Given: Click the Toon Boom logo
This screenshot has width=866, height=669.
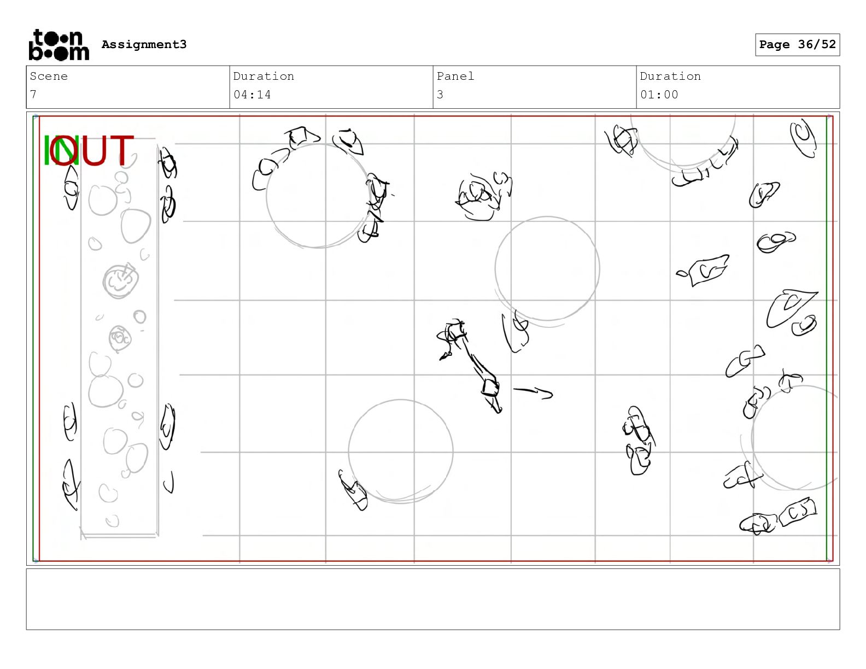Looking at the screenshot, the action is (x=59, y=45).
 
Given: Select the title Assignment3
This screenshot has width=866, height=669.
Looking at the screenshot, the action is (x=144, y=44).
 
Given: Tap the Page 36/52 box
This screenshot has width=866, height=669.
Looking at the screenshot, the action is (x=797, y=45).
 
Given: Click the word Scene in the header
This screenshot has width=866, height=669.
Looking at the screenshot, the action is (x=49, y=76).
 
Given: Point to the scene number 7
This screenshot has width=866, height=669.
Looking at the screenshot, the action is (x=33, y=95).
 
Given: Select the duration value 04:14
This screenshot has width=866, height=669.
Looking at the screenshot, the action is (x=252, y=95).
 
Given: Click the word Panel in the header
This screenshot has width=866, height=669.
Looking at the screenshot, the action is (x=455, y=76).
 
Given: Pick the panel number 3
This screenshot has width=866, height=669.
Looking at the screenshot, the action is (x=440, y=95).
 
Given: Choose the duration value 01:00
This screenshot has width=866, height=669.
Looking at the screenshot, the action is (x=659, y=95).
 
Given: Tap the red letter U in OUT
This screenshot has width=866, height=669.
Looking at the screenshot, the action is (x=93, y=150).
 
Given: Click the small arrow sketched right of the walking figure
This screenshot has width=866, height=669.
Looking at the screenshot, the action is (x=533, y=392).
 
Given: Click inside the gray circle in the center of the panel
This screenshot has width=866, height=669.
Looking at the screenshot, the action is (x=547, y=268).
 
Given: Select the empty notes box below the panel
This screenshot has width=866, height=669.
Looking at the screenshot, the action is (x=433, y=599).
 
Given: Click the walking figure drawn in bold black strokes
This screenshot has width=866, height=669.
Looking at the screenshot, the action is (x=470, y=365).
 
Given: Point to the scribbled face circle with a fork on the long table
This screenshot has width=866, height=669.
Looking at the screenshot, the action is (x=120, y=280).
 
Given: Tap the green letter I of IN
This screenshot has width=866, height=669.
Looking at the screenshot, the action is (x=46, y=150).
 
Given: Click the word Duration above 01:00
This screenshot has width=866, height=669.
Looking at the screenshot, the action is (x=670, y=76).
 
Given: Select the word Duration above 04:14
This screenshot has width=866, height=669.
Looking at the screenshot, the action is (x=264, y=76).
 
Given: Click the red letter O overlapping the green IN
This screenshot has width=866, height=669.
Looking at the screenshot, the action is (x=64, y=150).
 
